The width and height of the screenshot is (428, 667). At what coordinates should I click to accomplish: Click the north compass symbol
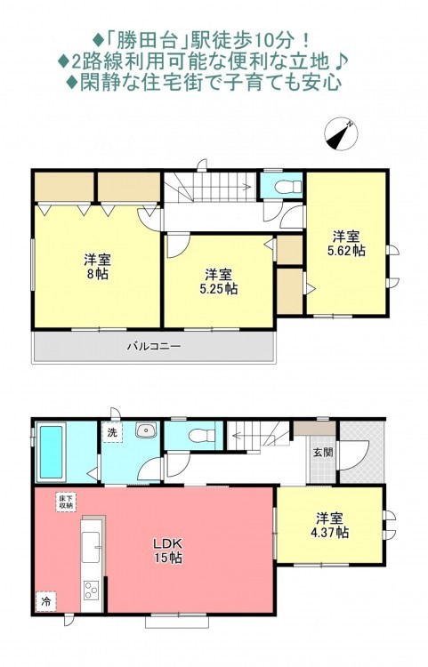(341, 133)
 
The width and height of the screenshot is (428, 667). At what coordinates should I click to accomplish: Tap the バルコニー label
(154, 346)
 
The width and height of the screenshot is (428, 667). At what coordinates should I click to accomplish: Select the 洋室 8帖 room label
(97, 266)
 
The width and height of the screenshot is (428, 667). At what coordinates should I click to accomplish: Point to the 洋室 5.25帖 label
(219, 281)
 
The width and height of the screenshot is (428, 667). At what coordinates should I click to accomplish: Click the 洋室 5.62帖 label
(346, 243)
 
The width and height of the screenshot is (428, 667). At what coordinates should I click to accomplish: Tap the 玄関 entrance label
(323, 452)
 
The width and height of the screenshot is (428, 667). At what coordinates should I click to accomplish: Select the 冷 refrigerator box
(46, 601)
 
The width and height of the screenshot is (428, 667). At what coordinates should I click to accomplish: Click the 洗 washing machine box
(112, 432)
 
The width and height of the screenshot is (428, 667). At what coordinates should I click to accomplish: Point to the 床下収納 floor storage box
(66, 502)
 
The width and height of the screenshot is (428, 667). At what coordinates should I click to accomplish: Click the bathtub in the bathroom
(51, 452)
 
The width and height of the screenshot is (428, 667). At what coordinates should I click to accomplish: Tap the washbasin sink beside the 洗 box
(146, 430)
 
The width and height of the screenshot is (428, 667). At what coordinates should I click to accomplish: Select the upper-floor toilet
(288, 187)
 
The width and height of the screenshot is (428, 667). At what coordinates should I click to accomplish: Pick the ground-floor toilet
(202, 436)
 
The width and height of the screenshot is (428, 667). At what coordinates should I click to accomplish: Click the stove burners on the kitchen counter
(92, 590)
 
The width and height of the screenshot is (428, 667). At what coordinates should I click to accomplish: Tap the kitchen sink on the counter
(91, 547)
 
